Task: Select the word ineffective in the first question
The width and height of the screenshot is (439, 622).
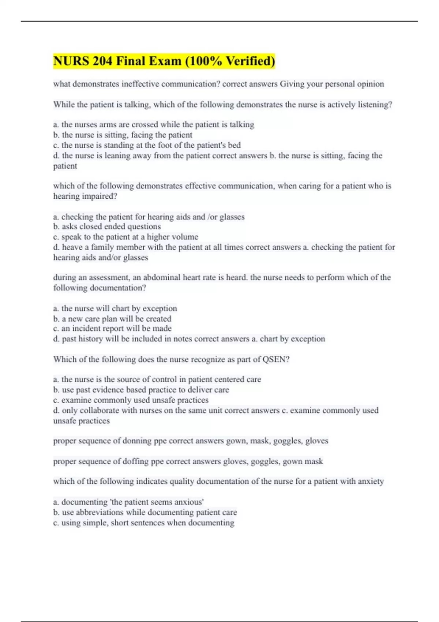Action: click(140, 84)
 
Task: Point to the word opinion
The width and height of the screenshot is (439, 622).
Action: click(371, 84)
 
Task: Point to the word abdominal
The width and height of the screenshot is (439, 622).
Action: click(162, 277)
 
